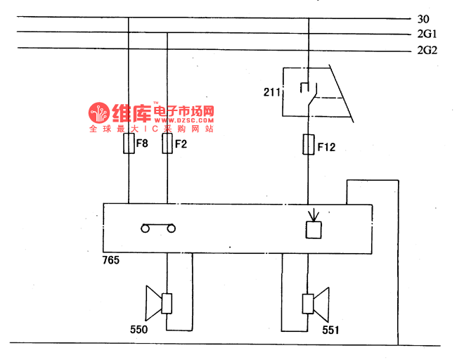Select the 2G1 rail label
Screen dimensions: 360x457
(427, 34)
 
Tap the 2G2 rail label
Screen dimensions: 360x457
(427, 50)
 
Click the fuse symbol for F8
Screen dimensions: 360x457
(129, 144)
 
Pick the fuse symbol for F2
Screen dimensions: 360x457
(167, 144)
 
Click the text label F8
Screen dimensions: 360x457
(142, 144)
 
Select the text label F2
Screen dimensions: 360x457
(181, 144)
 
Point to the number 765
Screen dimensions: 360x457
(110, 260)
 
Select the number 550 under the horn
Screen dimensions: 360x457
(139, 328)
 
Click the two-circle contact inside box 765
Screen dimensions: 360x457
(157, 227)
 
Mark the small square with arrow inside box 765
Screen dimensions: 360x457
(312, 229)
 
